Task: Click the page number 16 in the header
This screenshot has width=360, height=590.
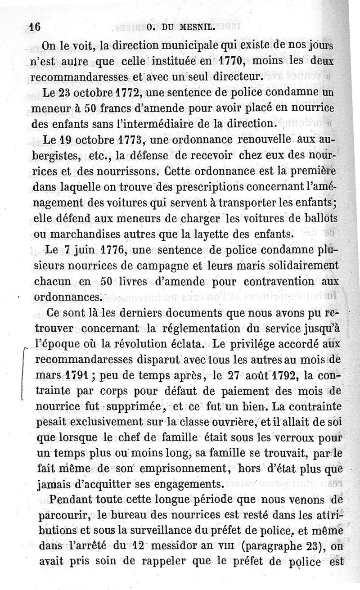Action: (34, 26)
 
